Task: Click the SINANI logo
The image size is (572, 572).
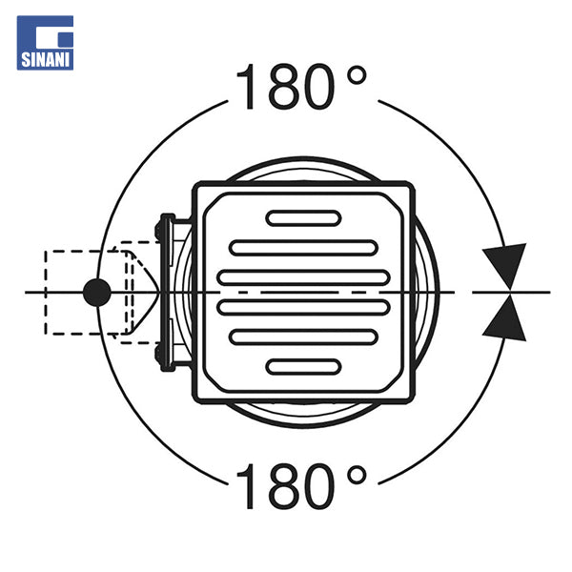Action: (x=45, y=43)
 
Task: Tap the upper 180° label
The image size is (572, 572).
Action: (x=301, y=87)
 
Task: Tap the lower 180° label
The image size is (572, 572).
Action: (x=301, y=486)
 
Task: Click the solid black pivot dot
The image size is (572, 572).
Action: (x=96, y=293)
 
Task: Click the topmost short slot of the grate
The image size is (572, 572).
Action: (x=303, y=218)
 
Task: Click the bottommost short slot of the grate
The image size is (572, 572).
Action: (x=303, y=367)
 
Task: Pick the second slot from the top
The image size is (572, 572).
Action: (x=303, y=248)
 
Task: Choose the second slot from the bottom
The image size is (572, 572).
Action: (x=303, y=337)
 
